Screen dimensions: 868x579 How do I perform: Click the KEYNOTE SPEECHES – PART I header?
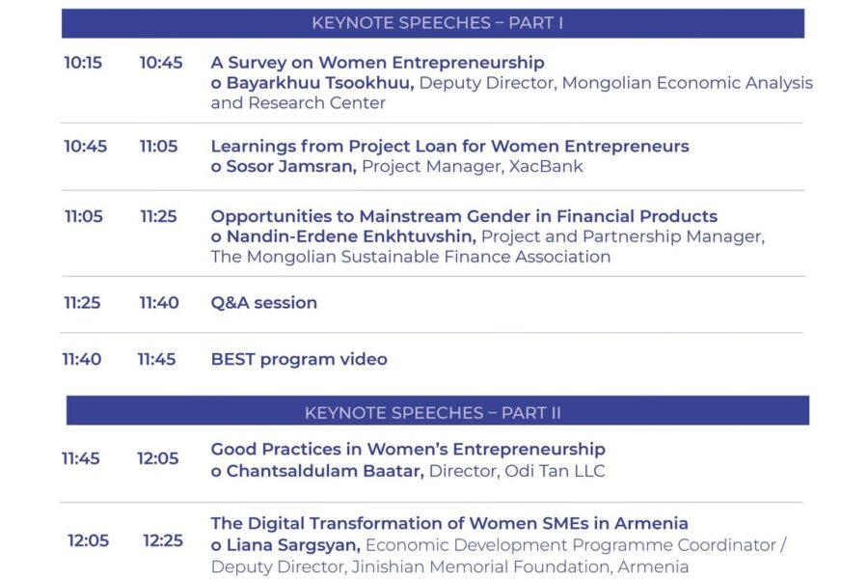click(x=437, y=23)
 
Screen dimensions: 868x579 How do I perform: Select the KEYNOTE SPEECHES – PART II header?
click(x=433, y=413)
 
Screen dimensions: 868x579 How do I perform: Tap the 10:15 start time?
click(x=83, y=63)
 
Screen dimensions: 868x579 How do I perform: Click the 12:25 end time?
click(x=163, y=540)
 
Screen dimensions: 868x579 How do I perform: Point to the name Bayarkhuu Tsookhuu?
click(x=320, y=83)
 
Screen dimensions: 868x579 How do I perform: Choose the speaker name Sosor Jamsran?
click(x=291, y=166)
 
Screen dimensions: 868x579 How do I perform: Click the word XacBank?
click(x=546, y=166)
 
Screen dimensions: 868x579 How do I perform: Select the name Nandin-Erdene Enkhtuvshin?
click(x=351, y=236)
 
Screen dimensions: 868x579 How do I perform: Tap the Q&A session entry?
click(x=264, y=302)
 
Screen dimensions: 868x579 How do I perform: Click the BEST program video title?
click(x=299, y=359)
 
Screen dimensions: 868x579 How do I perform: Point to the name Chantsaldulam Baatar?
click(x=325, y=471)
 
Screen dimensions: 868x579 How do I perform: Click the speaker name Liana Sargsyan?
click(x=293, y=545)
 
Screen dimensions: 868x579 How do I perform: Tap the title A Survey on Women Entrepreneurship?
click(x=377, y=63)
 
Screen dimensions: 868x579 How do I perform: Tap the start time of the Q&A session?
click(x=83, y=303)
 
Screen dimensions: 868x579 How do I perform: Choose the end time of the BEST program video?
click(x=156, y=360)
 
